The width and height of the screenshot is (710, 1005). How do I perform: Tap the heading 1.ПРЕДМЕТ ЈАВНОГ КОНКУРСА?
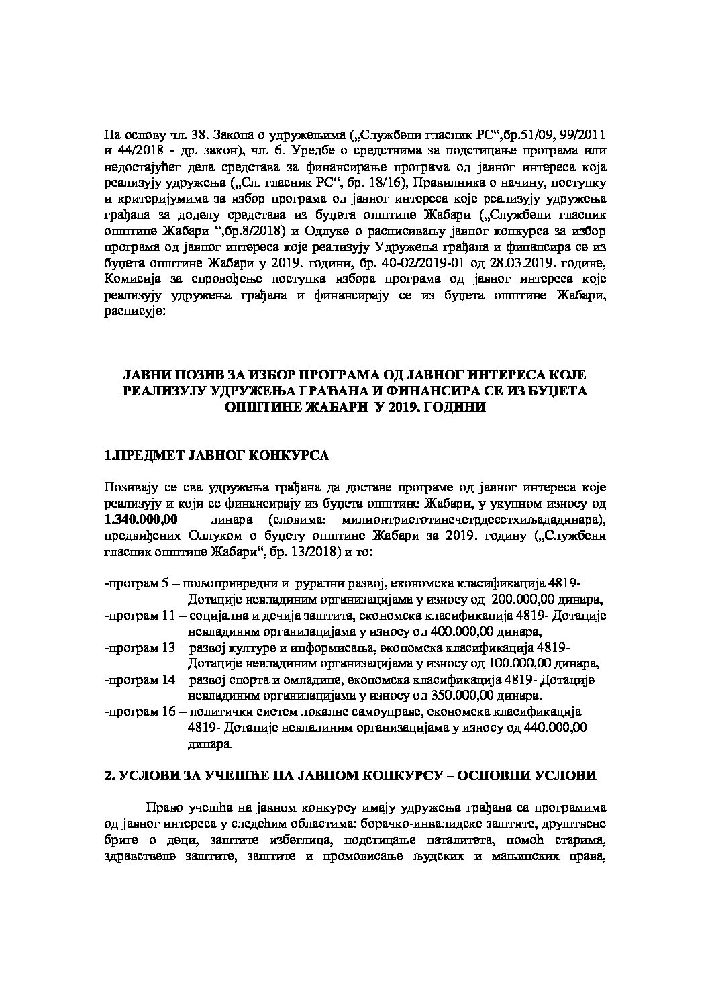point(217,456)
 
